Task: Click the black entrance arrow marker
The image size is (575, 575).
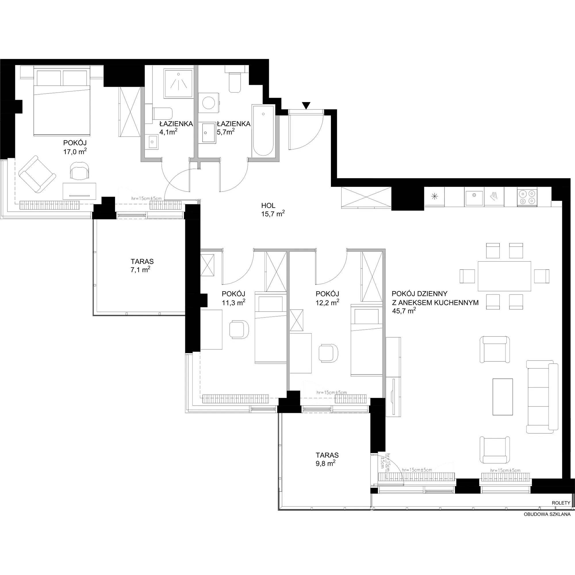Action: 306,105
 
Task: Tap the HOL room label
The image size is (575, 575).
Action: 268,205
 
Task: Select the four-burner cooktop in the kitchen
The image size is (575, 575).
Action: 527,197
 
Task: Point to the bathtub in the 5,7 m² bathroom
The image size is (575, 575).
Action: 263,130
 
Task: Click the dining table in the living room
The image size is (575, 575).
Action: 504,276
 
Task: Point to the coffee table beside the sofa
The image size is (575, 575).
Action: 503,396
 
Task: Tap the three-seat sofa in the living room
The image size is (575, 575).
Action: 542,396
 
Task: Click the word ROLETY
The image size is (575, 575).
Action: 561,503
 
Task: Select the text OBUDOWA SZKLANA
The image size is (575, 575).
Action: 547,514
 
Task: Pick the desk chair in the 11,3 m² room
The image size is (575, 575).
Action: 239,329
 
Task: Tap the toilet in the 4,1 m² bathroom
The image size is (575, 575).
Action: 162,113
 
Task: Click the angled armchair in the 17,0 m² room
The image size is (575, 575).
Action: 37,174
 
